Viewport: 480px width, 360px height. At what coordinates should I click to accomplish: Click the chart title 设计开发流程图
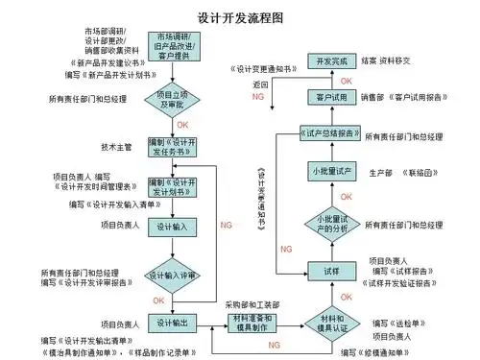pyautogui.click(x=238, y=19)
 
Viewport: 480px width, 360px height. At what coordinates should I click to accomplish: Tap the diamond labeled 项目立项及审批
pyautogui.click(x=172, y=99)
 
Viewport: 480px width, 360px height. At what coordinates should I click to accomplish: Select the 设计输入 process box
pyautogui.click(x=172, y=227)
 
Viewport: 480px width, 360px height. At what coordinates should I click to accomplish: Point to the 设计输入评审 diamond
pyautogui.click(x=172, y=276)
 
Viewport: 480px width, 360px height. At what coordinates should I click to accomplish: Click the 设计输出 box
pyautogui.click(x=172, y=322)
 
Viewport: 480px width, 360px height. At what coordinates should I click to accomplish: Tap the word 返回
pyautogui.click(x=261, y=84)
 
